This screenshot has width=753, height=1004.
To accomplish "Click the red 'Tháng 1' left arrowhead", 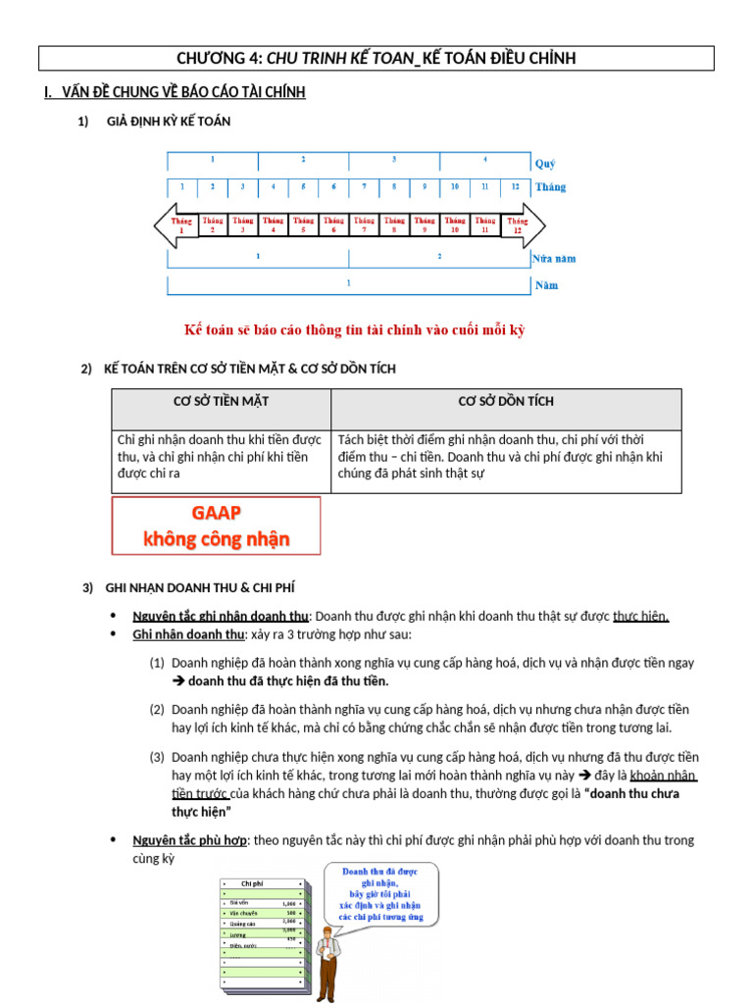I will point(177,226).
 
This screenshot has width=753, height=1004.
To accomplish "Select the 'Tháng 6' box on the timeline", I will point(333,226).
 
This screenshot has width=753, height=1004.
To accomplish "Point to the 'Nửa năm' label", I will point(554,259).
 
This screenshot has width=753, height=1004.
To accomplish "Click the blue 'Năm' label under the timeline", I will point(545,285).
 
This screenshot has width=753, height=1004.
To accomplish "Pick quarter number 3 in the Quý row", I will point(393,159).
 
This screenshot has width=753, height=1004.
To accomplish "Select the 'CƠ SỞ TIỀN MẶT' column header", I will point(221,402).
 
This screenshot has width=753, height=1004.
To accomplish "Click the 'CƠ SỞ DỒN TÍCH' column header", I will point(506,402).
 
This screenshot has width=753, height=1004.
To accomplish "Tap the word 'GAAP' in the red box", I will point(216,513).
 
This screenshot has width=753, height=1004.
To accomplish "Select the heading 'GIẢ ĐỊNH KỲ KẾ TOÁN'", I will point(168,122).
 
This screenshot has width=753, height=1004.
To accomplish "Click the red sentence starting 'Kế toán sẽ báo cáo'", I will point(355,329).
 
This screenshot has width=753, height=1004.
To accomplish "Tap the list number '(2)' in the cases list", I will point(157,709).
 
